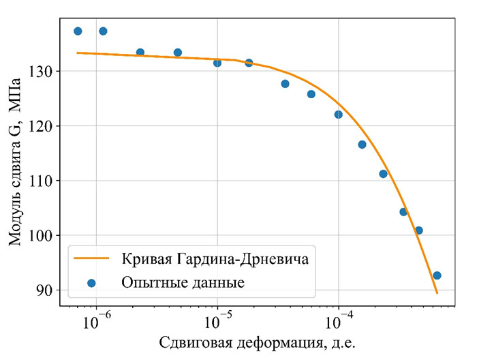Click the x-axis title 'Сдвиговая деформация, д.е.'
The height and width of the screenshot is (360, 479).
point(258,342)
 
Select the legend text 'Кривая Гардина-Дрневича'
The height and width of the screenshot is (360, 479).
point(215,259)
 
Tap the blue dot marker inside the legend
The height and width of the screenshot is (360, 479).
point(91,282)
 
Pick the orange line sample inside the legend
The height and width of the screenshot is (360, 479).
point(91,259)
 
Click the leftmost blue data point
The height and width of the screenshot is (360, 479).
point(78,31)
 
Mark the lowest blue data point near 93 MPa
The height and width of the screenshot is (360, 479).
point(437,275)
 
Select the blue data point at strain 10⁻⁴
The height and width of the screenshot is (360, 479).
point(338,115)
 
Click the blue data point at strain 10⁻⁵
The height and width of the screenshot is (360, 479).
point(217,63)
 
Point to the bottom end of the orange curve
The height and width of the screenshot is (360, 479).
point(437,293)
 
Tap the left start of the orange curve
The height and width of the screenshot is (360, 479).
point(78,52)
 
